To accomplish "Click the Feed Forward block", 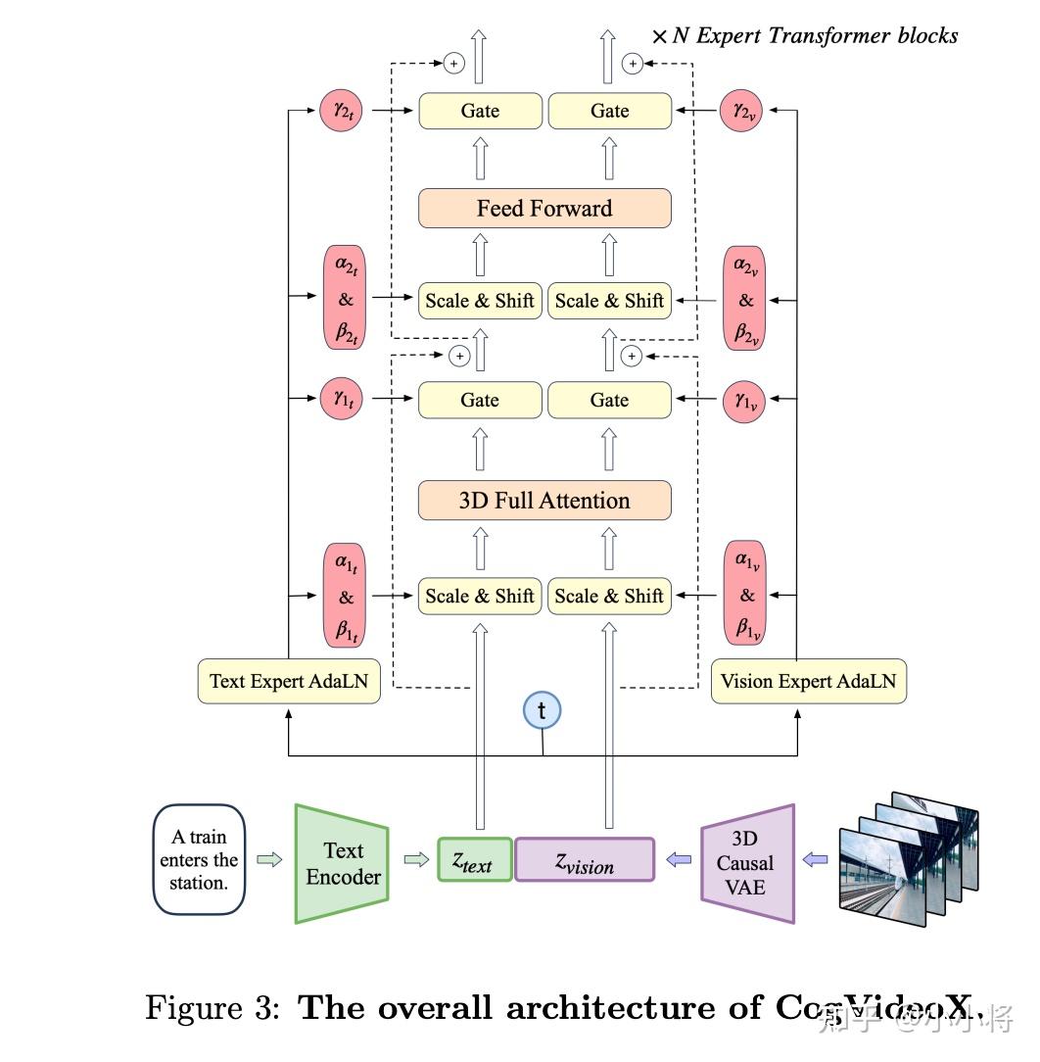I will click(x=544, y=209).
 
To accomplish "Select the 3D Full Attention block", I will click(x=544, y=501).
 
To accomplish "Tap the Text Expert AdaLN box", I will click(x=289, y=681).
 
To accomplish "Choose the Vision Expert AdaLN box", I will click(x=808, y=681).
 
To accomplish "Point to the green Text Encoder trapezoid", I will click(x=342, y=863).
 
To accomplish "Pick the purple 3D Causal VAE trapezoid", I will click(x=747, y=863).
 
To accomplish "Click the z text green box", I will click(x=474, y=860).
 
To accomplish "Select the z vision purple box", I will click(x=585, y=860).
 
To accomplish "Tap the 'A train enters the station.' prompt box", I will click(x=199, y=860).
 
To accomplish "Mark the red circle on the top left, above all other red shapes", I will click(x=342, y=111).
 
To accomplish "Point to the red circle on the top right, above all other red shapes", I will click(x=740, y=111).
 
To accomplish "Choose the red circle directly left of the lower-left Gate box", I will click(x=342, y=400).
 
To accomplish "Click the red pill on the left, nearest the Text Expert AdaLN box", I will click(x=345, y=596).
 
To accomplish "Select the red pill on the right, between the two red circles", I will click(x=745, y=300).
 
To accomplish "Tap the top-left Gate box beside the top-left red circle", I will click(x=480, y=111).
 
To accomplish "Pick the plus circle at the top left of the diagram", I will click(x=452, y=64).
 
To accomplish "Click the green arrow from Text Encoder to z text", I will click(x=416, y=860).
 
